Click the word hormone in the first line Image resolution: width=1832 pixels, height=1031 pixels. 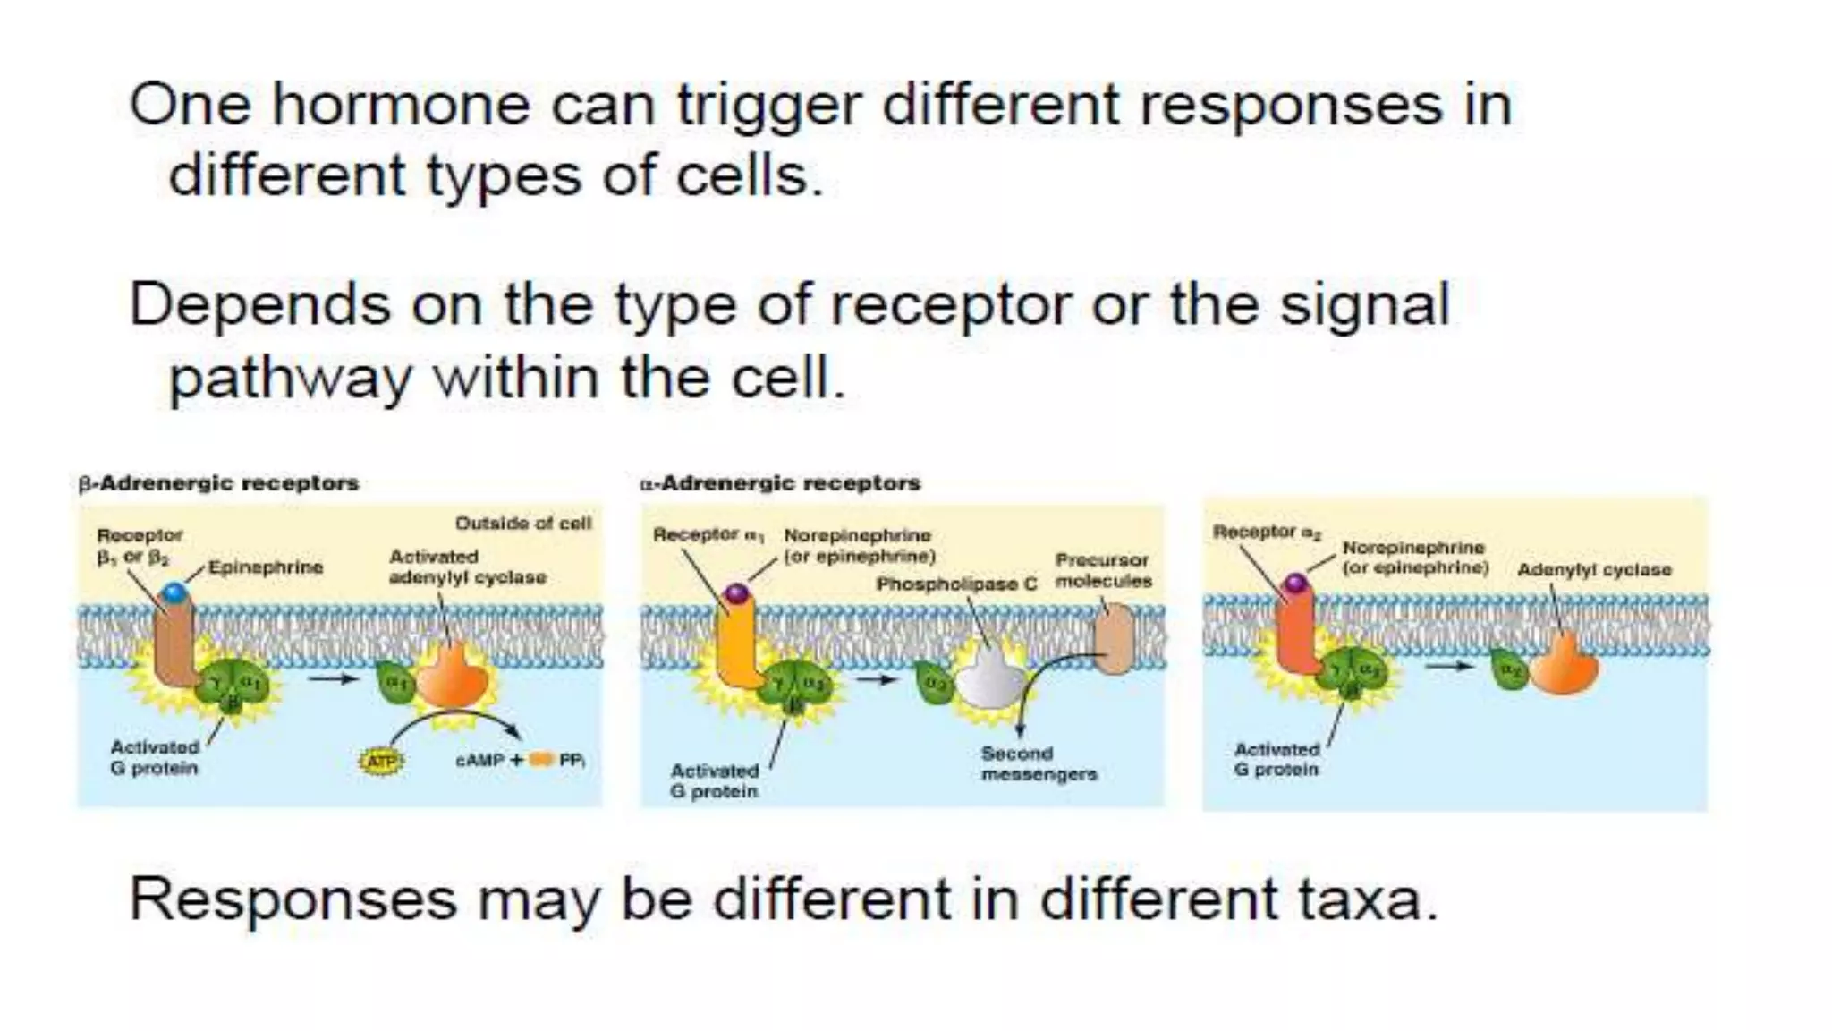click(400, 106)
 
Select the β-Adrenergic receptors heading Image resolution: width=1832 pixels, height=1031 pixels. click(218, 483)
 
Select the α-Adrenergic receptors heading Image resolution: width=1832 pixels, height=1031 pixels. click(780, 483)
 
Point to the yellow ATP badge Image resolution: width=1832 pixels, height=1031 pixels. click(382, 761)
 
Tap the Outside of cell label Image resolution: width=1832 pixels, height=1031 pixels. click(523, 523)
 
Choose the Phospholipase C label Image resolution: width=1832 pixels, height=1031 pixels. click(955, 584)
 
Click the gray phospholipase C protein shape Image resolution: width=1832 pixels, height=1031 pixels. click(990, 680)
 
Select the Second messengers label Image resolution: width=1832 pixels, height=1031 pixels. click(1038, 764)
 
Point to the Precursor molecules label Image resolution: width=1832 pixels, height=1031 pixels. click(1103, 570)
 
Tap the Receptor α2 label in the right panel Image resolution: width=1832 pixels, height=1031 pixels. click(1266, 532)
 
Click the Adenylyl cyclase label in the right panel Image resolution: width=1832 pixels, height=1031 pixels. click(1593, 570)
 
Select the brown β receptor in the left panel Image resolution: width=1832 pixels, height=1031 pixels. click(175, 644)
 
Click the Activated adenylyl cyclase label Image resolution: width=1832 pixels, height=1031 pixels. click(466, 567)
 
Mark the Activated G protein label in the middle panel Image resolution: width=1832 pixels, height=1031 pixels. click(714, 780)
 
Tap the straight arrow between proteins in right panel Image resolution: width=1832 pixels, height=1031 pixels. click(1446, 666)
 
